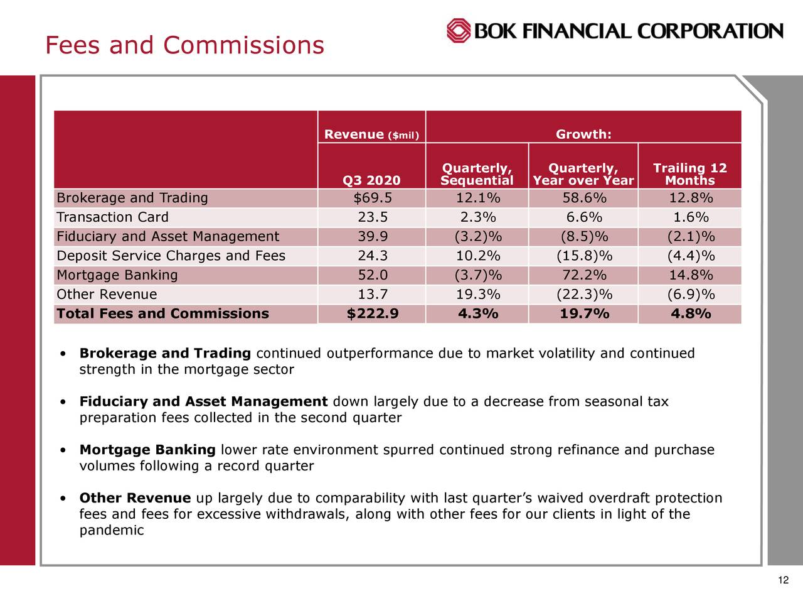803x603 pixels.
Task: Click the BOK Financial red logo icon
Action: tap(459, 30)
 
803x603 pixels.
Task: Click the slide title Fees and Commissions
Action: tap(184, 45)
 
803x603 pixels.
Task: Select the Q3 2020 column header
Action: tap(371, 181)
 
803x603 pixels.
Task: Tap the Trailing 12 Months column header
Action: tap(689, 174)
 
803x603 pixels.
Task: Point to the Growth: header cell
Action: tap(583, 135)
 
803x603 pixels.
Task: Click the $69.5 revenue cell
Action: tap(372, 198)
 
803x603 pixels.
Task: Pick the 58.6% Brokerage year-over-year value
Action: tap(583, 198)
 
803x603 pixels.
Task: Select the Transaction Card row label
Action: tap(113, 217)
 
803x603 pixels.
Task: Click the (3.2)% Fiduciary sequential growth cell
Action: tap(477, 237)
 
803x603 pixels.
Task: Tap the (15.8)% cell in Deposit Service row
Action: tap(583, 256)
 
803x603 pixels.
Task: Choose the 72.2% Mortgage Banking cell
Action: tap(583, 275)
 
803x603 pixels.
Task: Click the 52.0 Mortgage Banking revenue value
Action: tap(372, 275)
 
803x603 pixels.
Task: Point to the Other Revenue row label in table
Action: tap(107, 295)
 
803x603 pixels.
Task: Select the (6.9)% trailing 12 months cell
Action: tap(690, 295)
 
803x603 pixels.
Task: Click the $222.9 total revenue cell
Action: tap(372, 313)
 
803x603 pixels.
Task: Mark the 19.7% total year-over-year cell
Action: tap(583, 313)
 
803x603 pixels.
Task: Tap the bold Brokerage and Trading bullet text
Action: tap(165, 354)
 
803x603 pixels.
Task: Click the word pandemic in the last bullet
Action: tap(112, 531)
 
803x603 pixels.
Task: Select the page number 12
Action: tap(782, 580)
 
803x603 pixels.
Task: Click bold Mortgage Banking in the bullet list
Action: tap(147, 450)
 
